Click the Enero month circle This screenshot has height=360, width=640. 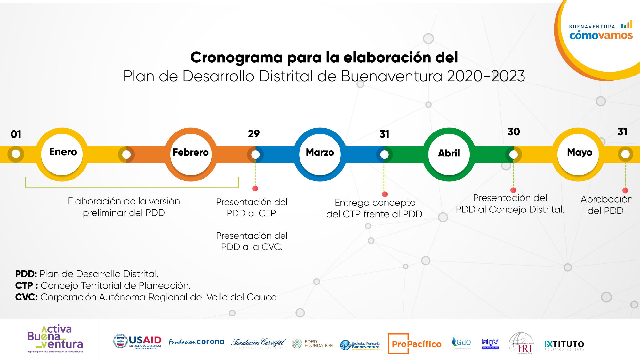(63, 154)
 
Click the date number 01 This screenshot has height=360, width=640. (16, 134)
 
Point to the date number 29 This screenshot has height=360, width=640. (254, 133)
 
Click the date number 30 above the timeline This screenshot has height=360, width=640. (514, 132)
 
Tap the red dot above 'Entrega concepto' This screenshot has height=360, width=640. (385, 194)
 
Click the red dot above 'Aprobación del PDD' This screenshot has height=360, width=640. (625, 190)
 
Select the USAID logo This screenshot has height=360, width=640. (138, 342)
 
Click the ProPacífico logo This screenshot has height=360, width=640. (415, 344)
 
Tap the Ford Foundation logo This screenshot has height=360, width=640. (312, 344)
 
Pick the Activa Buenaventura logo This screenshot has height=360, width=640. (55, 339)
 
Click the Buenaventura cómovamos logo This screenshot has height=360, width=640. (601, 31)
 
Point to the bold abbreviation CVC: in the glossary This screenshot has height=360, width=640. (26, 297)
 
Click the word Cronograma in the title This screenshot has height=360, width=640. (236, 58)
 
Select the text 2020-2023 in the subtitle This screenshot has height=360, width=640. (486, 76)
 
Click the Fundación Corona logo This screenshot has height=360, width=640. (196, 342)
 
